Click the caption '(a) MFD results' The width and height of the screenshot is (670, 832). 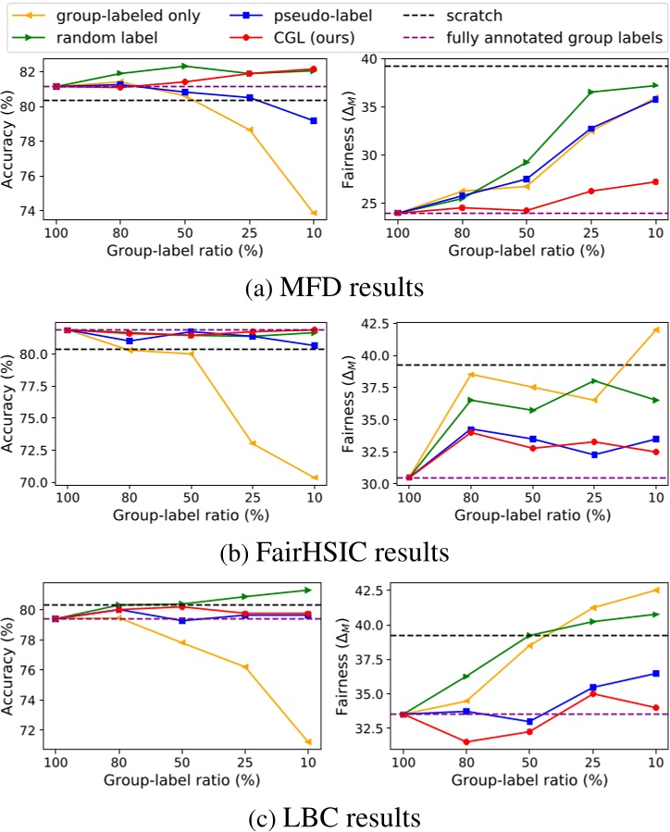coord(336,288)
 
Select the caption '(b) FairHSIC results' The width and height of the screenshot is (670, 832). coord(336,553)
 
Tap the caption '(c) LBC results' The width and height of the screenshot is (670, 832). coord(336,818)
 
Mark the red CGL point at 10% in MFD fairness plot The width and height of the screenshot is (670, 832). coord(655,181)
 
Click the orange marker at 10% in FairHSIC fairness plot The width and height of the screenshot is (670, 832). coord(655,329)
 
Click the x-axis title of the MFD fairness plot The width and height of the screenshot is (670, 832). coord(528,251)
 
